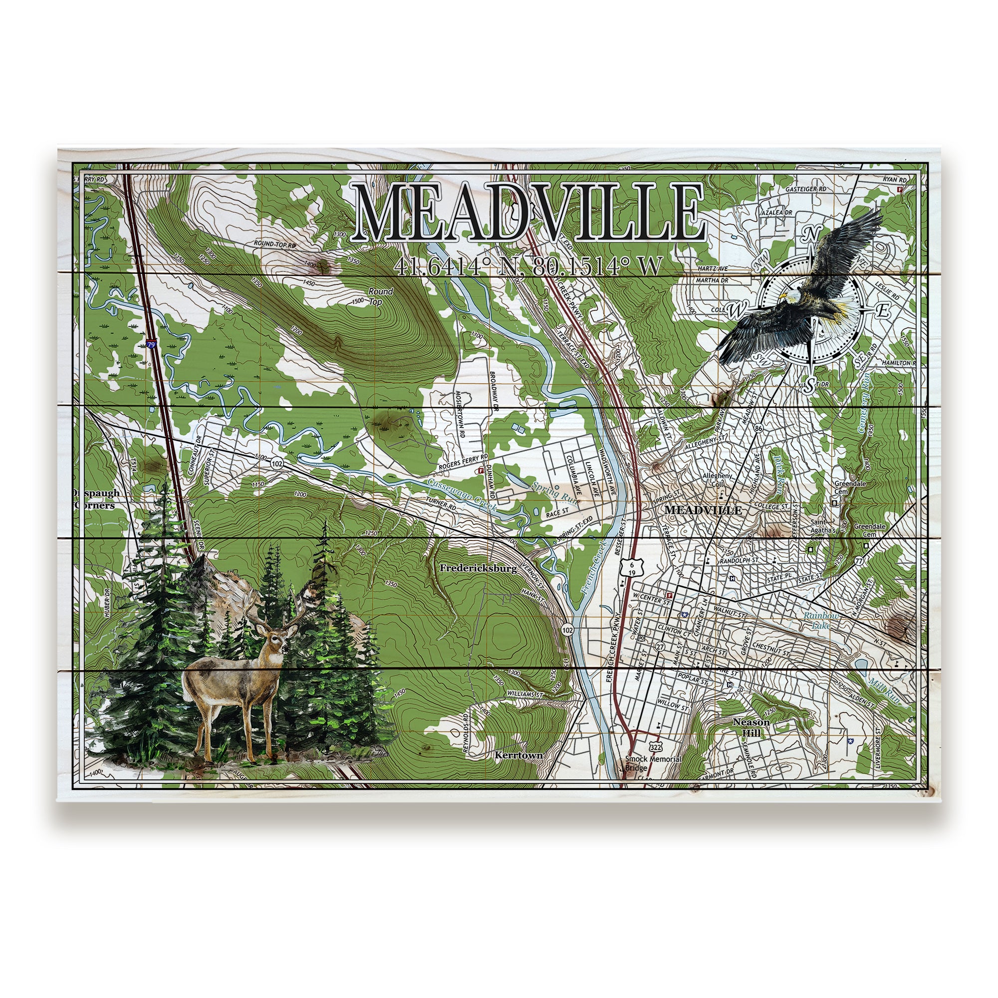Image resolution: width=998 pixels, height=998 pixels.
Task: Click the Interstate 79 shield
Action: [150, 344]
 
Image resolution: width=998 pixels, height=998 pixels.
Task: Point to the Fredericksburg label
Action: [479, 568]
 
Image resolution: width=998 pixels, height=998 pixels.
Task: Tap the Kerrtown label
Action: [518, 755]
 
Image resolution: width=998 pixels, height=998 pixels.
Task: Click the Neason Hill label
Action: [751, 728]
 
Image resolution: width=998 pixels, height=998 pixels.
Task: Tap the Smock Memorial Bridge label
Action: [653, 763]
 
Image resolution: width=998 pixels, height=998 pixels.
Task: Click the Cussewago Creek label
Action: [461, 495]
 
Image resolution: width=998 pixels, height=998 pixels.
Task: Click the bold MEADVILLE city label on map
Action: [703, 510]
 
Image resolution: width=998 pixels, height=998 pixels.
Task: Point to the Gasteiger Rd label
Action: [805, 189]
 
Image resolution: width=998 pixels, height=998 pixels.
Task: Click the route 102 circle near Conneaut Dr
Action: [277, 464]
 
